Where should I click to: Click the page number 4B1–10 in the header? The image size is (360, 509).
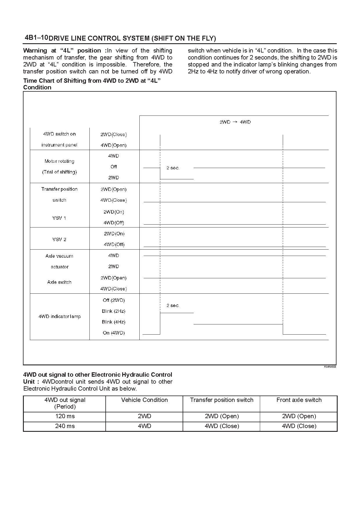tap(36, 38)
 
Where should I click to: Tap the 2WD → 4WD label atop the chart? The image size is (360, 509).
tap(235, 122)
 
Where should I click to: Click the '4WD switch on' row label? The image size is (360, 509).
tap(59, 134)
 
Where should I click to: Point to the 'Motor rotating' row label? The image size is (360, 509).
tap(59, 161)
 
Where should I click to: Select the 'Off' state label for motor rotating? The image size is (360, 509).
tap(114, 167)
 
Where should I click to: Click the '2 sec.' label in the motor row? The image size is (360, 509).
tap(173, 168)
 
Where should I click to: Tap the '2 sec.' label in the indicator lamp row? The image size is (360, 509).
tap(173, 306)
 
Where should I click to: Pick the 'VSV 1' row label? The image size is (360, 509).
tap(59, 218)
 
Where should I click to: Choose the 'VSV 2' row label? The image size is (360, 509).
tap(59, 239)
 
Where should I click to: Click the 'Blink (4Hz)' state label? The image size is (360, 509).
tap(114, 322)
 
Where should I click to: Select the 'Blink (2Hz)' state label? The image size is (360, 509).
tap(114, 311)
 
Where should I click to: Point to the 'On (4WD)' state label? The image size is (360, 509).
tap(114, 333)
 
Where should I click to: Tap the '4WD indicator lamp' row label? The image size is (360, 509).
tap(60, 317)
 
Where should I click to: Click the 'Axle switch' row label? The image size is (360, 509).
tap(59, 282)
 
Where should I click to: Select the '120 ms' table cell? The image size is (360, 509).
tap(65, 416)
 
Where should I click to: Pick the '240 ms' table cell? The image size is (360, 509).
tap(65, 426)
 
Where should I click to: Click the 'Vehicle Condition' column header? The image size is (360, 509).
tap(144, 400)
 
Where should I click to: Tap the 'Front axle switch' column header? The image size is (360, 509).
tap(299, 400)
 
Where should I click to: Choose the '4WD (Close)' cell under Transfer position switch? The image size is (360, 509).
tap(222, 426)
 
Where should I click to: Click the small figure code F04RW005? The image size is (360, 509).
tap(330, 367)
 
